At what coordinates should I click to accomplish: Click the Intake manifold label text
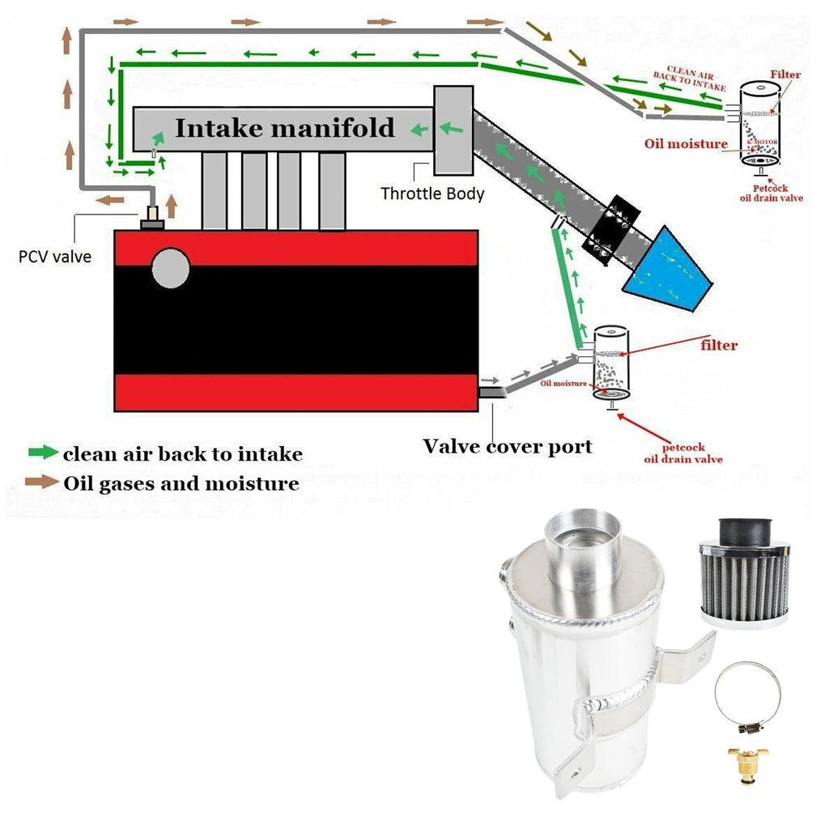point(285,128)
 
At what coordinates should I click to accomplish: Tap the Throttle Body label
point(432,193)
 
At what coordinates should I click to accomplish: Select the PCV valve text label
point(55,257)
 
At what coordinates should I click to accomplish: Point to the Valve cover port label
point(508,446)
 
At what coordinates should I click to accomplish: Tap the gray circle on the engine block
point(170,268)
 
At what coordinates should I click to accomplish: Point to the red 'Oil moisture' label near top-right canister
point(686,144)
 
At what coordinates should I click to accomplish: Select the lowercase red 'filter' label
point(718,346)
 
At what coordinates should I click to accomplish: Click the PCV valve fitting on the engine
point(151,217)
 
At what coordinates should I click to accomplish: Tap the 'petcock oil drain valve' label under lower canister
point(682,453)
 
